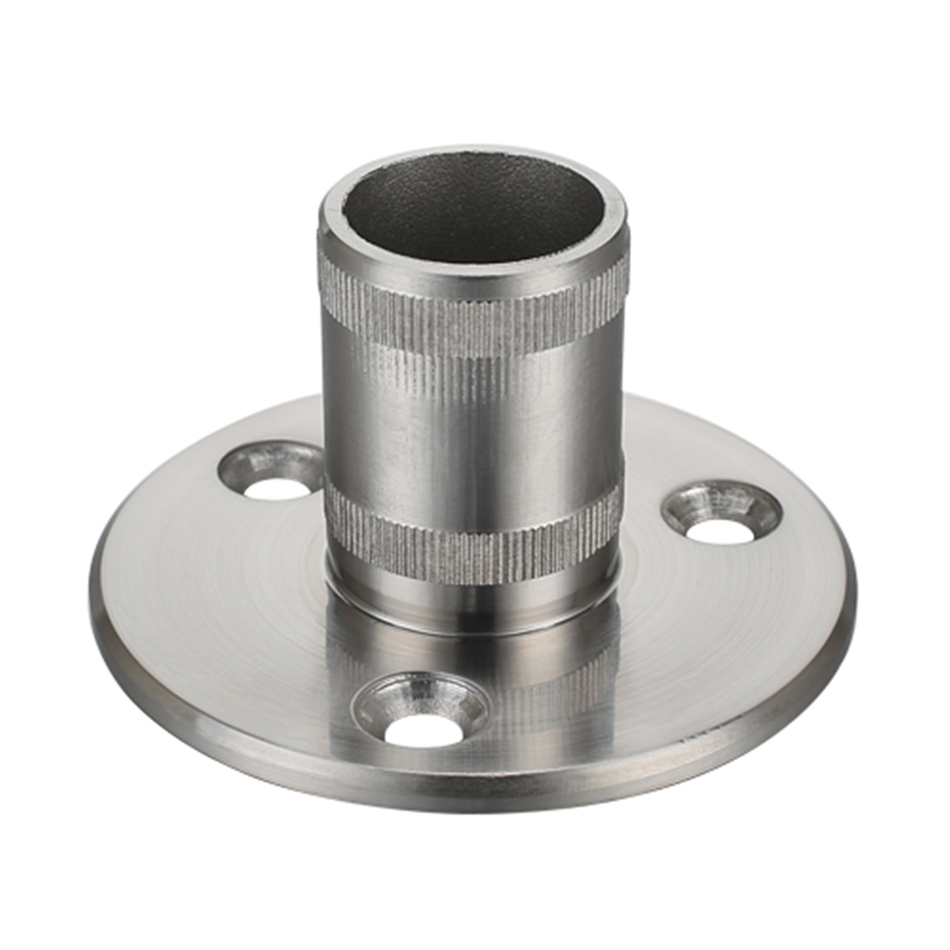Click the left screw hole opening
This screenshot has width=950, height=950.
click(x=277, y=488)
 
